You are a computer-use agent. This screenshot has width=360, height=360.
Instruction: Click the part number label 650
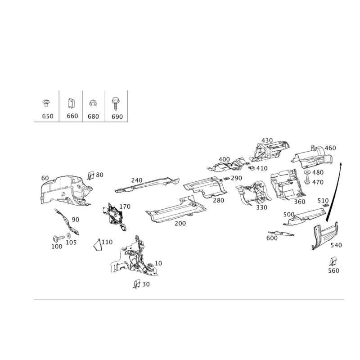[48, 116]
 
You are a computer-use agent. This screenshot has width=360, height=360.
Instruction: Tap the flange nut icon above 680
[93, 103]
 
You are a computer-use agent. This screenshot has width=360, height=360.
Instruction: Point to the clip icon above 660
[71, 103]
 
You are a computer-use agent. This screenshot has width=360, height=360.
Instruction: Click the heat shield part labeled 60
[65, 190]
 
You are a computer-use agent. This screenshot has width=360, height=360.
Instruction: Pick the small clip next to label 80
[91, 175]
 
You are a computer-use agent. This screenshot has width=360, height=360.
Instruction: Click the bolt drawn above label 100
[58, 238]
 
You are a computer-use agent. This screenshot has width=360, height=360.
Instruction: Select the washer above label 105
[68, 235]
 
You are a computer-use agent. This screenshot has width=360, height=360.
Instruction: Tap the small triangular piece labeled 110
[97, 245]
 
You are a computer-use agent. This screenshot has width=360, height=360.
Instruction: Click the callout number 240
[137, 180]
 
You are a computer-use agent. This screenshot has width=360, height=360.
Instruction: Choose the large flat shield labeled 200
[175, 209]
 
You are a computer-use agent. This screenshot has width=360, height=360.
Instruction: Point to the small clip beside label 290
[226, 178]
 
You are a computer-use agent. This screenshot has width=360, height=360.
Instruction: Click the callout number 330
[262, 207]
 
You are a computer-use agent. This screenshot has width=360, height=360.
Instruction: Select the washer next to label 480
[307, 172]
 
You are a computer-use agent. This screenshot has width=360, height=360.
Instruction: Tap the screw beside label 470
[307, 180]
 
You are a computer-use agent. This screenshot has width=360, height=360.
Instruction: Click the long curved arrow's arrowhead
[341, 164]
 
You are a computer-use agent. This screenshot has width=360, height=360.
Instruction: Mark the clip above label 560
[333, 261]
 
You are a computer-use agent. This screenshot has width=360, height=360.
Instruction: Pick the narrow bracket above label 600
[281, 233]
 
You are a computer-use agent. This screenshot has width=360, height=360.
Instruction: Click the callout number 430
[267, 140]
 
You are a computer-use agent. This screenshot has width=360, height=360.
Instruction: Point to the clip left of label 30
[137, 284]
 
